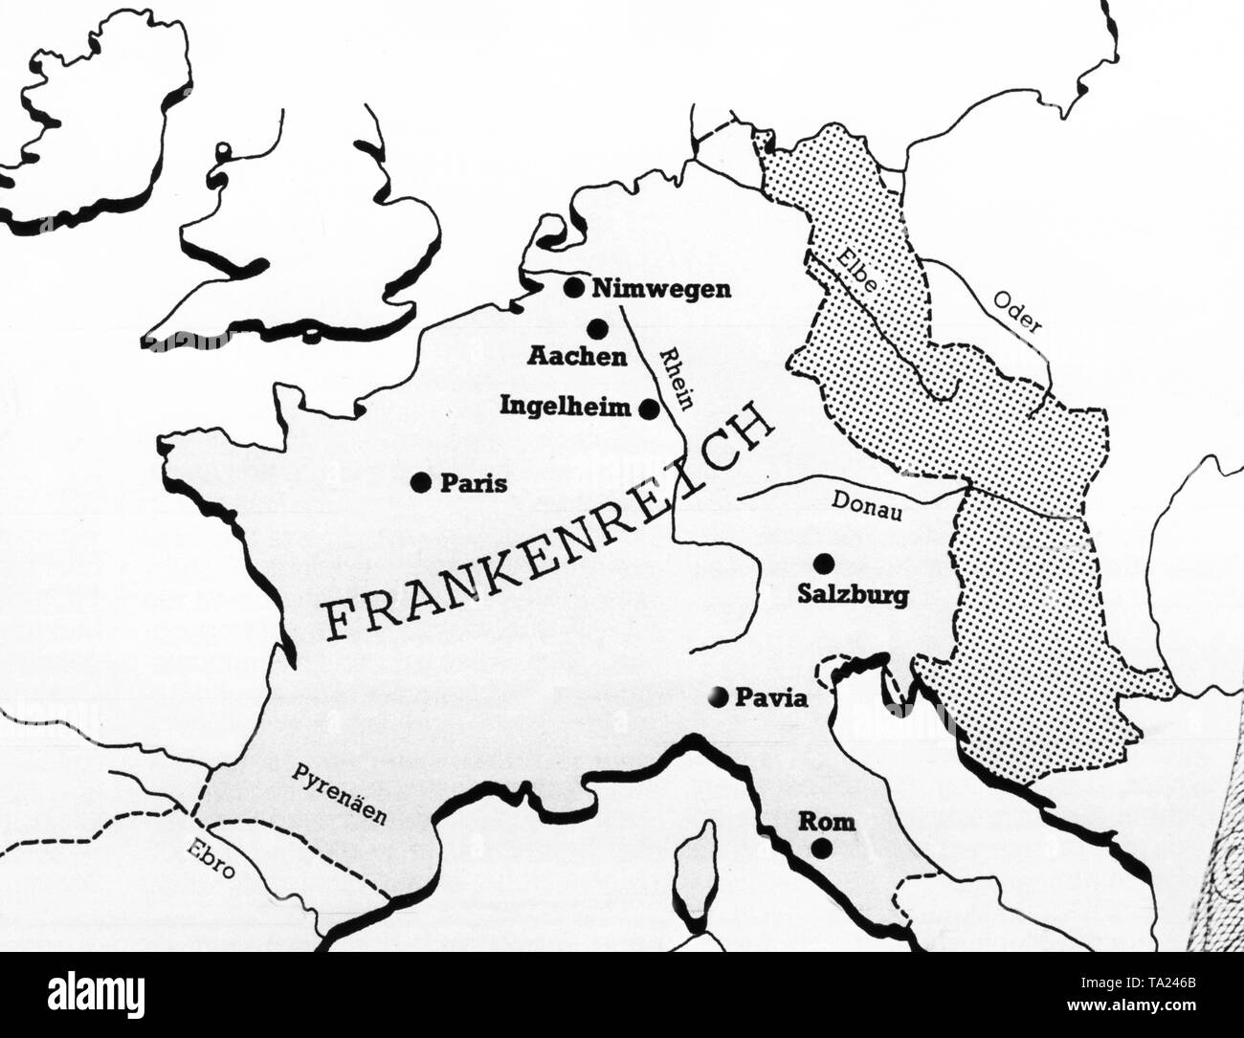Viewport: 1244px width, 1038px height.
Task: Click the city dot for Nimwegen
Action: click(574, 287)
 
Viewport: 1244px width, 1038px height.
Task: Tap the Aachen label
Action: click(577, 357)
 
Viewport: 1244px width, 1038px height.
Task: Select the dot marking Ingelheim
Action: click(649, 409)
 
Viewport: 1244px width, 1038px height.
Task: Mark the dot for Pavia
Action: click(719, 698)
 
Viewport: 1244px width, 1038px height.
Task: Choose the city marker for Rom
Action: click(820, 848)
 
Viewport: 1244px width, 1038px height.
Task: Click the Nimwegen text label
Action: click(661, 289)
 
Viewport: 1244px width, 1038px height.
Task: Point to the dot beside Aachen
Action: click(599, 328)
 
